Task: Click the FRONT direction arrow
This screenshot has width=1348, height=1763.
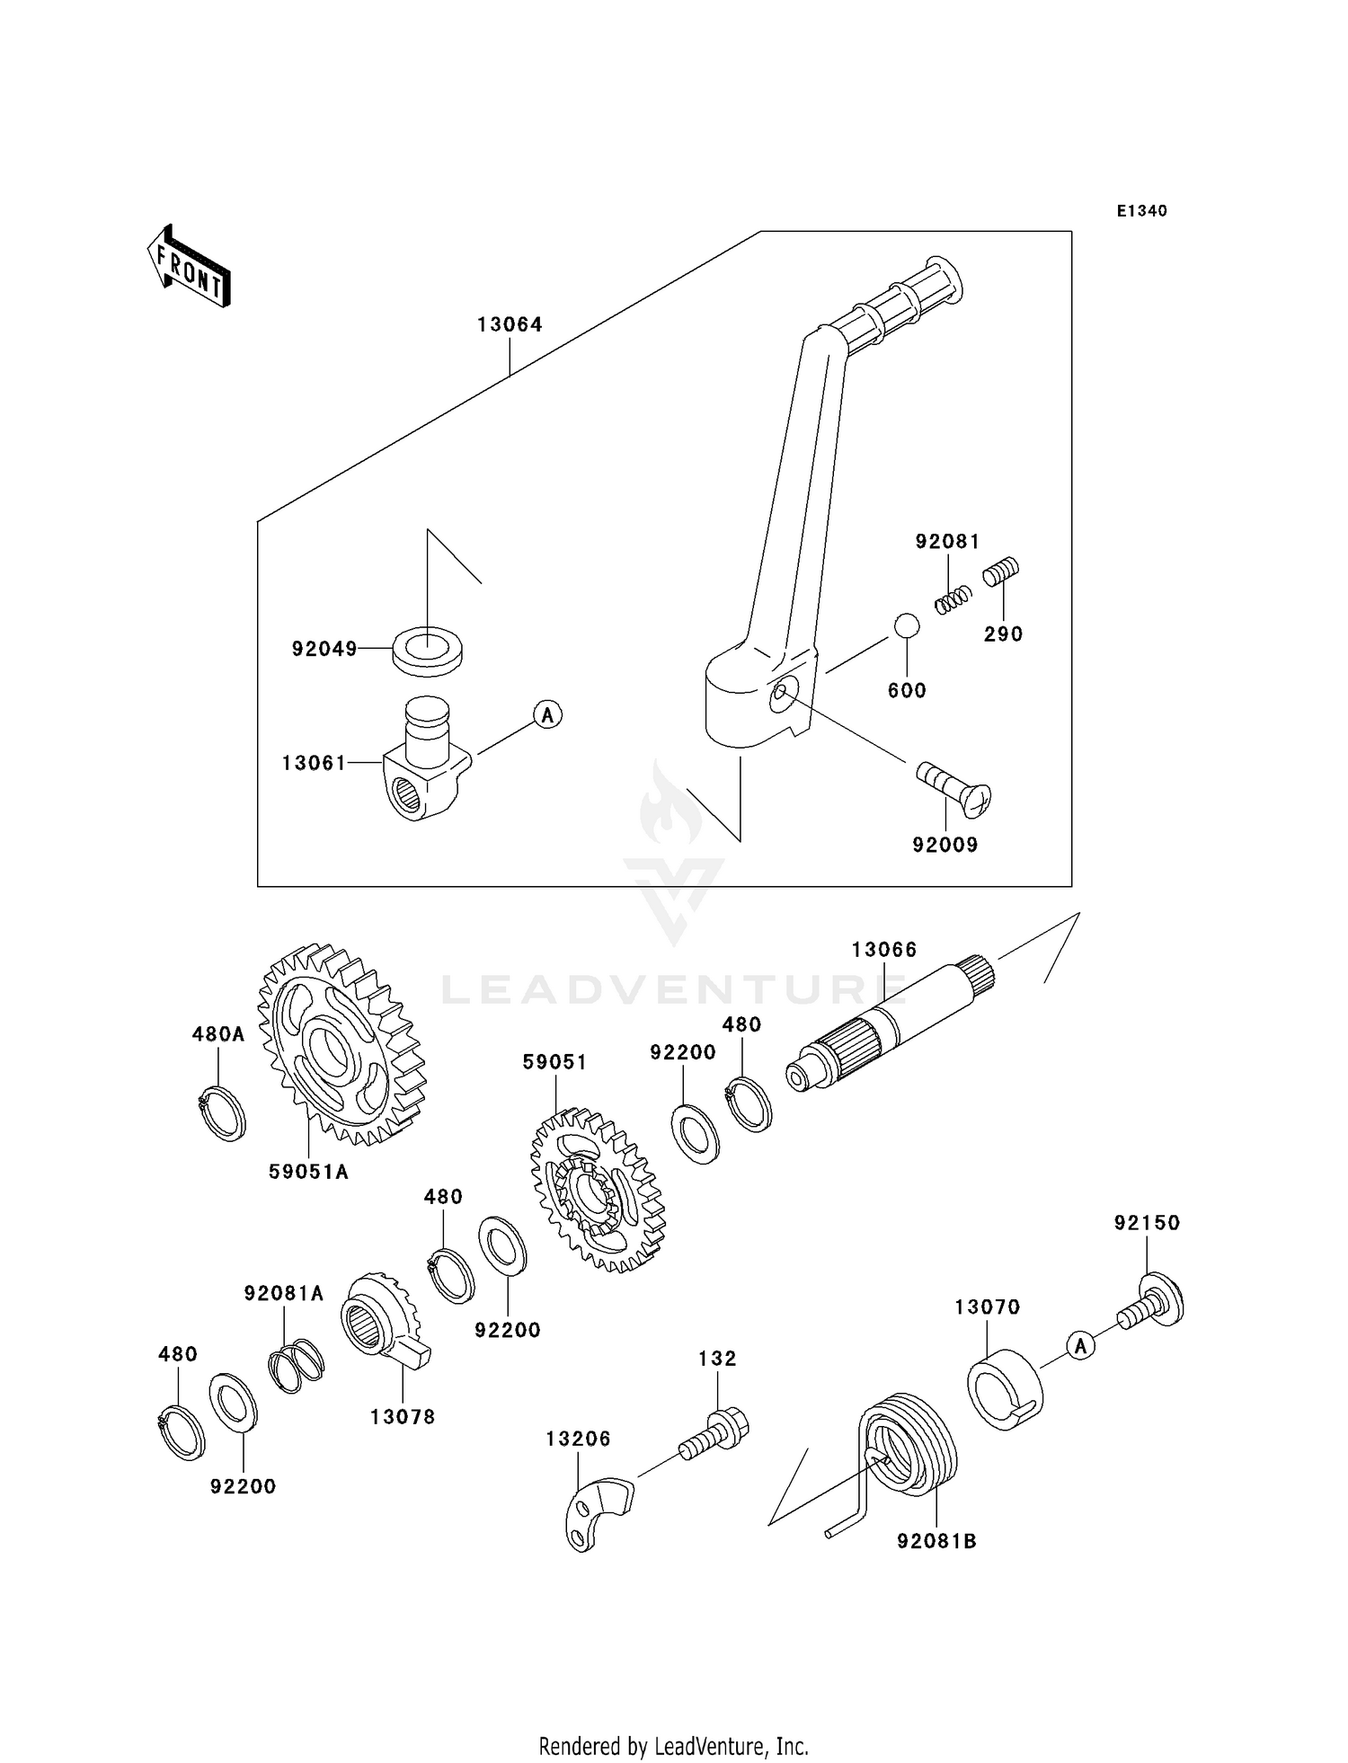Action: (190, 267)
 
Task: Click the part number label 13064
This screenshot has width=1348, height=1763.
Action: (510, 324)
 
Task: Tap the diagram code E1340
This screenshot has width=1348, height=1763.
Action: (1141, 211)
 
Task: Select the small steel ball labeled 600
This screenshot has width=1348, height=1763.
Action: (906, 625)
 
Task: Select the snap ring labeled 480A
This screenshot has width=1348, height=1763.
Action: (221, 1113)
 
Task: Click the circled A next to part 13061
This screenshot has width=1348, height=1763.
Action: (547, 715)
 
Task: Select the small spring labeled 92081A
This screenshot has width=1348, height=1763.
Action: (297, 1366)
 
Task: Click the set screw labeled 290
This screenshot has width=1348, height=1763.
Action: (1000, 572)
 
